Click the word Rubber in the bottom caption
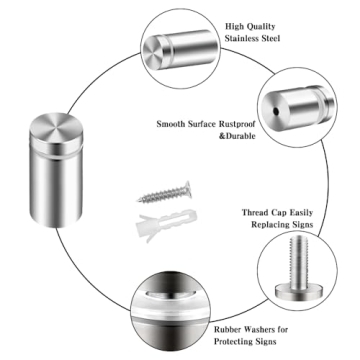click(x=233, y=326)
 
